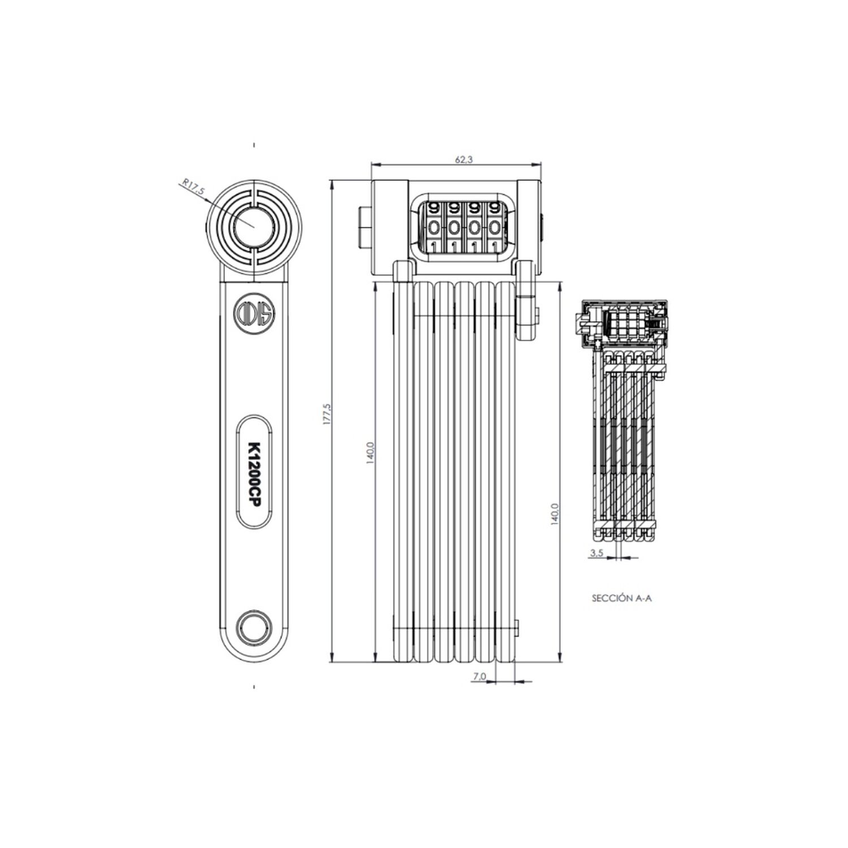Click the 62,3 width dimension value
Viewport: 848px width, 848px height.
464,159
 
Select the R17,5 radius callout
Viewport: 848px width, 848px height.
193,187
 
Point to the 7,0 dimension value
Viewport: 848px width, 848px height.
479,676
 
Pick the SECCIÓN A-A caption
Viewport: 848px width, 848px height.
621,598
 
